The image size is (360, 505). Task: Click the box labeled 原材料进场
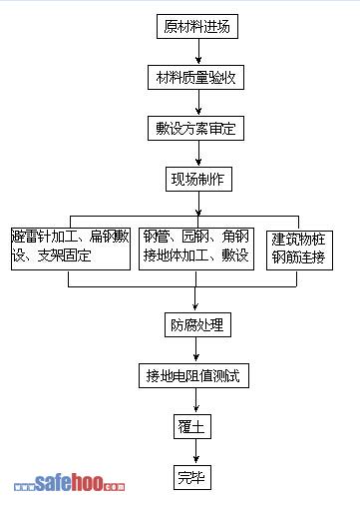[x=197, y=26]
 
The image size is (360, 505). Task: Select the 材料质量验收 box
[x=195, y=78]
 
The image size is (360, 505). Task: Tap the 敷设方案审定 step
[x=195, y=129]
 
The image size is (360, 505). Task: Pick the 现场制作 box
[x=198, y=180]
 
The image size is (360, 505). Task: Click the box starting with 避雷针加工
[x=71, y=249]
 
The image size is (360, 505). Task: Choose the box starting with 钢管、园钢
[x=196, y=249]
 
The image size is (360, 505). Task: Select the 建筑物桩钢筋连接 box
[x=299, y=251]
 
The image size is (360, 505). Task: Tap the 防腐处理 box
[x=197, y=324]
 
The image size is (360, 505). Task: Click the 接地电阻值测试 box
[x=193, y=375]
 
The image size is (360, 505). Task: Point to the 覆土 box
[x=192, y=426]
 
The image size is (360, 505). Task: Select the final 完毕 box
[x=192, y=477]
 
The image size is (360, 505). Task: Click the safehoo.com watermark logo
[x=69, y=483]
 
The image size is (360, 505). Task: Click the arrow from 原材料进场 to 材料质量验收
[x=198, y=51]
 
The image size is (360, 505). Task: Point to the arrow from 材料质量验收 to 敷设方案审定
[x=198, y=102]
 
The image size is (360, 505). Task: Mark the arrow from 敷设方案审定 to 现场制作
[x=198, y=153]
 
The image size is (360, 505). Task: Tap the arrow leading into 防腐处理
[x=195, y=298]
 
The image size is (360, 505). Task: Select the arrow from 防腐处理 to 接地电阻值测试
[x=195, y=349]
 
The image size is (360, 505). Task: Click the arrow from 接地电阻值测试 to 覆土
[x=195, y=400]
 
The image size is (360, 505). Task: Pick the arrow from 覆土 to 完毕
[x=195, y=451]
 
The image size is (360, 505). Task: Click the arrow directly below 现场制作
[x=198, y=204]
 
